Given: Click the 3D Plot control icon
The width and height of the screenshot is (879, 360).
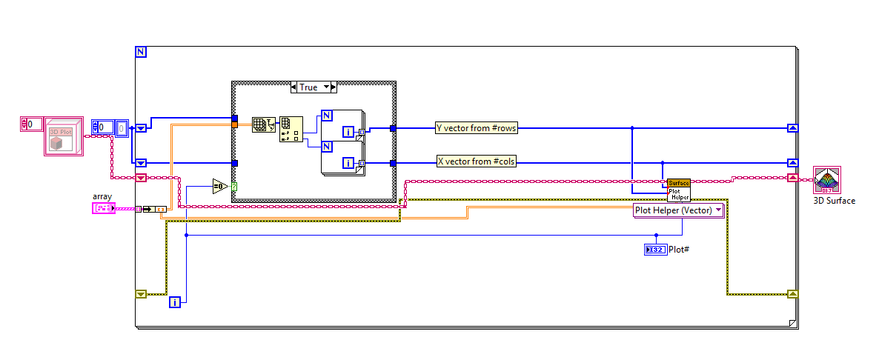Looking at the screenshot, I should (x=63, y=136).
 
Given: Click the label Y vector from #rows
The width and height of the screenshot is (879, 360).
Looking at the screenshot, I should (x=476, y=128).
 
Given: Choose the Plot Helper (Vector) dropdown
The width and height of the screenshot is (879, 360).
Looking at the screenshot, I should (x=678, y=210).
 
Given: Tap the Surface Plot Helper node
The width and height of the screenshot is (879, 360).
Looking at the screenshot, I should (x=678, y=190).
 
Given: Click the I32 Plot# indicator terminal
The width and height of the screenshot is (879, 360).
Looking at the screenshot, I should (x=656, y=250).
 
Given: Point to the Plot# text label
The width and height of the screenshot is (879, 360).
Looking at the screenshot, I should (x=680, y=250).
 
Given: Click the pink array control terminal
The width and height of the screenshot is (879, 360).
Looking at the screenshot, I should (x=103, y=209).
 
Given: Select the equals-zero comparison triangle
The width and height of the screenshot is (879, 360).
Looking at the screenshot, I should (x=221, y=186).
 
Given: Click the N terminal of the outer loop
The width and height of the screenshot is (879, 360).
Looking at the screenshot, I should (x=141, y=52).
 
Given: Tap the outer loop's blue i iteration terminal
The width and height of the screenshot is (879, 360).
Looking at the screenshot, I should (x=175, y=302).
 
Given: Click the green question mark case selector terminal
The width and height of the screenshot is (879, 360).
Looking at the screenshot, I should (x=234, y=187).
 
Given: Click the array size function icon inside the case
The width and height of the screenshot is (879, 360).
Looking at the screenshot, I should (x=262, y=124).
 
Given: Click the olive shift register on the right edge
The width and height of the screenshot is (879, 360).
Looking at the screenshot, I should (x=793, y=294).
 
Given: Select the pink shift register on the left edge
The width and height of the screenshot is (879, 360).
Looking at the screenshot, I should (x=141, y=178).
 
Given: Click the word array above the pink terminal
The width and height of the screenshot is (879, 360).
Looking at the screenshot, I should (x=102, y=196).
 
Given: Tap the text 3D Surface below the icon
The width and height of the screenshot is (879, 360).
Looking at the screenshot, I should (x=835, y=201).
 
